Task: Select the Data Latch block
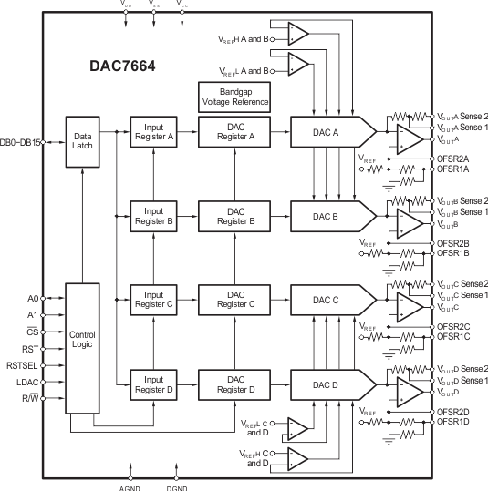click(x=82, y=141)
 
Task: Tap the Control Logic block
click(x=82, y=341)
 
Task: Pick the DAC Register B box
click(x=234, y=216)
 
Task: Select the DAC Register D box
click(x=234, y=384)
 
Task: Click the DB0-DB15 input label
click(x=23, y=141)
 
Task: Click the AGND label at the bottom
click(x=130, y=486)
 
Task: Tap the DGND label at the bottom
click(x=177, y=486)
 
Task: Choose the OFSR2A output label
click(x=453, y=159)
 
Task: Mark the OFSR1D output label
click(x=453, y=421)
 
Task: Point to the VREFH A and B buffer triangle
click(x=297, y=36)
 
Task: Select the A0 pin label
click(x=33, y=299)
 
